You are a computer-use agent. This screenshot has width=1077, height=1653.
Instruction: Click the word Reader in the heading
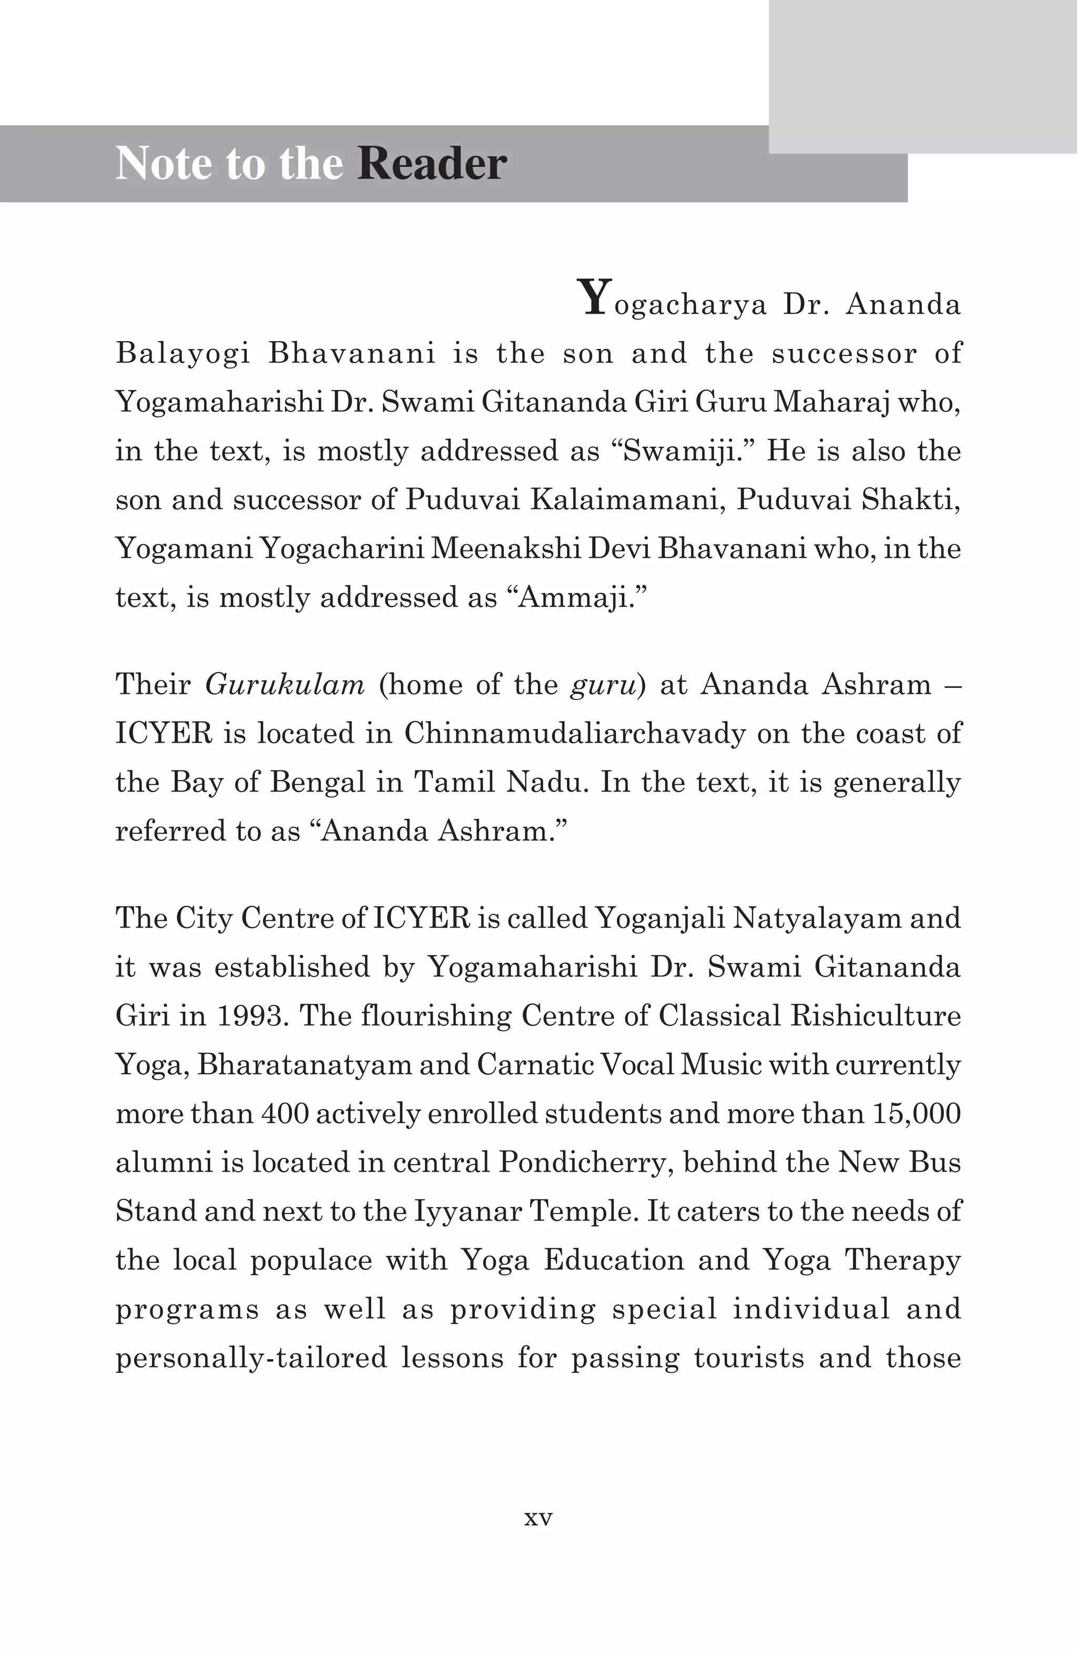click(432, 164)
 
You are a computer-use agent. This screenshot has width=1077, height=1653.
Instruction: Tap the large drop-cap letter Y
click(594, 297)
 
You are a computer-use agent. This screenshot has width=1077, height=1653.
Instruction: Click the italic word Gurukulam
click(285, 685)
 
